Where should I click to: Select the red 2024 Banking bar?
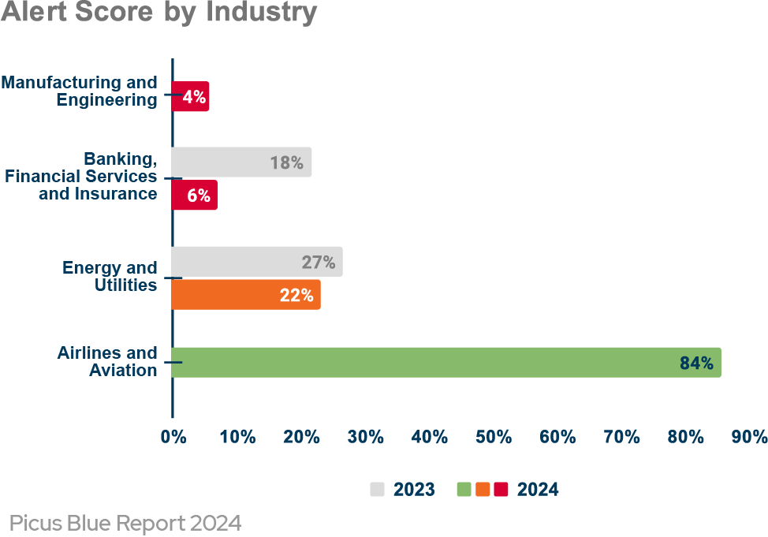[x=195, y=196]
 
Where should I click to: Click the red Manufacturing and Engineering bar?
[x=191, y=97]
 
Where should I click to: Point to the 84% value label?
[x=696, y=363]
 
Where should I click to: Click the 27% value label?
[x=319, y=263]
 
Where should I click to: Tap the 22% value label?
[x=296, y=296]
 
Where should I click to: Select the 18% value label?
[x=286, y=162]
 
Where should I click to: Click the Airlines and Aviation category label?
[x=107, y=361]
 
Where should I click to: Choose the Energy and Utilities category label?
[x=110, y=276]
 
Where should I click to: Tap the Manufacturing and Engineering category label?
[x=80, y=91]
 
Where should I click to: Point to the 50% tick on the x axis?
[x=494, y=437]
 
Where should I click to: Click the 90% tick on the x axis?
[x=749, y=437]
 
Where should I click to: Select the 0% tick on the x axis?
[x=173, y=437]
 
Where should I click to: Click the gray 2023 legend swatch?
[x=378, y=490]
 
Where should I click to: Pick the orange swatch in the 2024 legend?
[x=483, y=490]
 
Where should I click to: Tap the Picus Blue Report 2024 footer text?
[x=125, y=523]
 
